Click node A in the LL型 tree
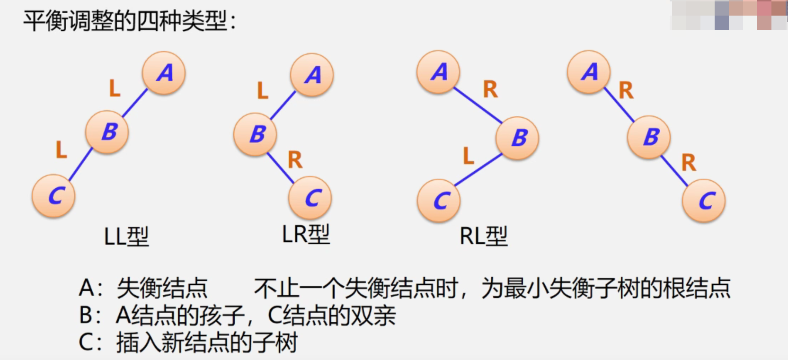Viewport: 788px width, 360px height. (x=164, y=73)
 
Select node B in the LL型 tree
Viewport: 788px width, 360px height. (x=107, y=132)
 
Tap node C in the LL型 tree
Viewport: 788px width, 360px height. (x=53, y=195)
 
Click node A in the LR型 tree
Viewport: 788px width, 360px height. (x=312, y=75)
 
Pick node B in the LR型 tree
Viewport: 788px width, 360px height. (x=255, y=134)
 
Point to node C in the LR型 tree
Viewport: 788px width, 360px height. (x=310, y=198)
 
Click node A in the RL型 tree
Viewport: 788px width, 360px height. (x=438, y=72)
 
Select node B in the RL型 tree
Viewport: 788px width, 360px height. (x=517, y=138)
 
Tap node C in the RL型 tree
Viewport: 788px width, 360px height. (x=439, y=201)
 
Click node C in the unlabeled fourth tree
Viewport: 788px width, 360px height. (x=704, y=201)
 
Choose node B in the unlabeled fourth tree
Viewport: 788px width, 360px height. (x=649, y=137)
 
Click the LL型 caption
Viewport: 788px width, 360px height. (x=126, y=236)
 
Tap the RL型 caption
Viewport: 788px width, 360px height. (x=484, y=236)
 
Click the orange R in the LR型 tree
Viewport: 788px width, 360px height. (x=295, y=160)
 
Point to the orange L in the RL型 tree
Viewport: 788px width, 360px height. (x=468, y=156)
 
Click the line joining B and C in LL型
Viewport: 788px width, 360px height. (x=80, y=164)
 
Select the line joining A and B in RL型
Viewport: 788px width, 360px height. (x=478, y=105)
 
